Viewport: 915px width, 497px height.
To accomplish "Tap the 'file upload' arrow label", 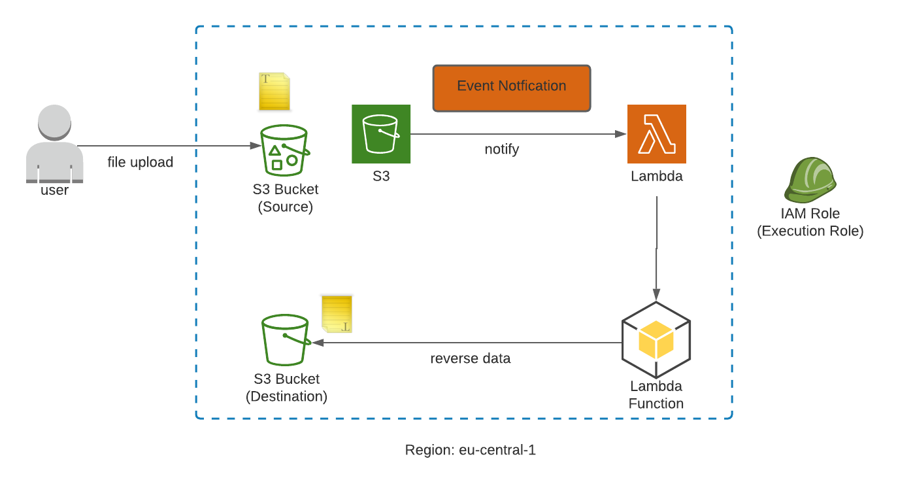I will point(141,162).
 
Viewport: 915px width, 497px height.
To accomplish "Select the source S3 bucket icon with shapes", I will point(284,150).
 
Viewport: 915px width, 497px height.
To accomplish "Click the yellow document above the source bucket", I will point(274,92).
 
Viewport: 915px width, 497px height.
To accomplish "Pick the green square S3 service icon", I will point(381,133).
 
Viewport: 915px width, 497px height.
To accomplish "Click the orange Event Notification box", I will point(512,87).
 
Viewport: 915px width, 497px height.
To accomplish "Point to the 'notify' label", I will point(502,149).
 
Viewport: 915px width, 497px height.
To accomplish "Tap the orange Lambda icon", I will point(656,133).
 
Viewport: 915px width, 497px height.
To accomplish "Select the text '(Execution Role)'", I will point(810,231).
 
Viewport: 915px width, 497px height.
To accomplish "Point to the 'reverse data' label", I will point(471,358).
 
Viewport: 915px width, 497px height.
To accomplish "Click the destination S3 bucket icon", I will point(285,339).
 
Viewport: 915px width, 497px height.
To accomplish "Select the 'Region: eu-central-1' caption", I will point(471,450).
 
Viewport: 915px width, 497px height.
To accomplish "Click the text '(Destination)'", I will point(286,396).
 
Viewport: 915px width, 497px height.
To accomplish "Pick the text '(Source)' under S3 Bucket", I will point(286,207).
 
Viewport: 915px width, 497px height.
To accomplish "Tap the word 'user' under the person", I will point(54,190).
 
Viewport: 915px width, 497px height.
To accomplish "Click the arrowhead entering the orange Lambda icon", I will point(622,134).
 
